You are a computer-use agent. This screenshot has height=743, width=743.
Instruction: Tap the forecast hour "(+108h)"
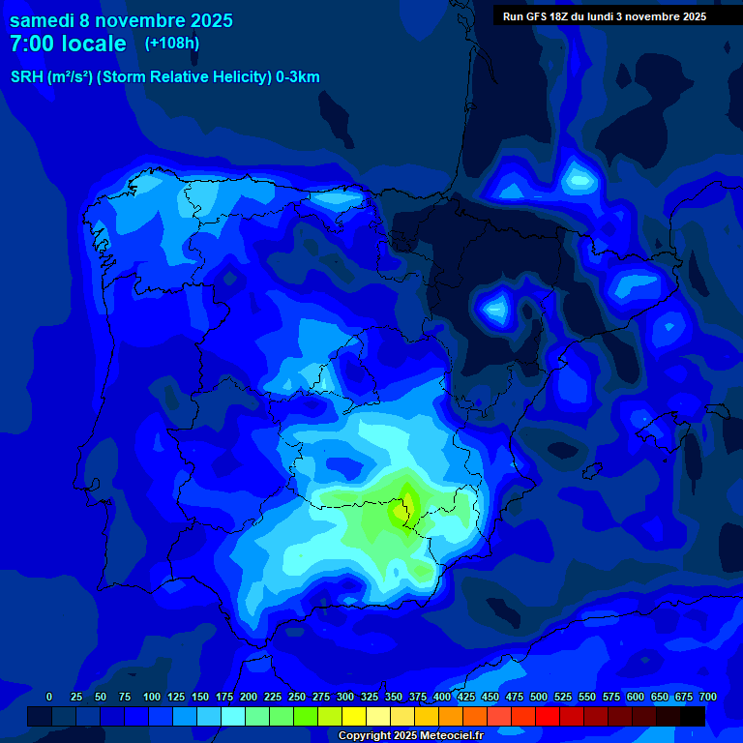click(x=172, y=43)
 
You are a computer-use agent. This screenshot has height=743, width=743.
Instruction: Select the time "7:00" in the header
click(x=32, y=44)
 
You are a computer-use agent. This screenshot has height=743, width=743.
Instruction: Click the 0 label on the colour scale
click(x=49, y=697)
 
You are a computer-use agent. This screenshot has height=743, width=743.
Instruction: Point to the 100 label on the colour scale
click(x=152, y=697)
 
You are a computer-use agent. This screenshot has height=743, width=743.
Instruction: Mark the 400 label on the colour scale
click(x=442, y=697)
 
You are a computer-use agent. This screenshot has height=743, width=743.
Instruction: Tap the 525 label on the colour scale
click(x=563, y=697)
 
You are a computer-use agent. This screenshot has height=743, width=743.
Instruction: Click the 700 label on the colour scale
click(x=708, y=697)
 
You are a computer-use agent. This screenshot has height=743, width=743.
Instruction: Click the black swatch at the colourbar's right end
click(x=693, y=716)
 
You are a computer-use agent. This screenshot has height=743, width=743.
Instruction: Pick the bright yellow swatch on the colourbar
click(x=354, y=716)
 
